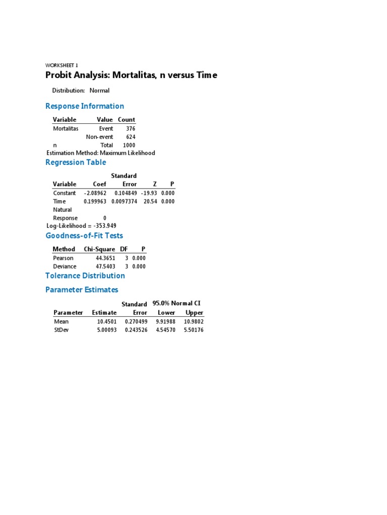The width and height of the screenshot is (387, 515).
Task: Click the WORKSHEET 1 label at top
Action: pyautogui.click(x=61, y=65)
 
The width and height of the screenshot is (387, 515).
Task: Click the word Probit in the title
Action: pyautogui.click(x=58, y=75)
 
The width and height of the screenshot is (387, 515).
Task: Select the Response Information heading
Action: pyautogui.click(x=85, y=106)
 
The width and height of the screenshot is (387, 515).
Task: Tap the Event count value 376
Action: pyautogui.click(x=130, y=129)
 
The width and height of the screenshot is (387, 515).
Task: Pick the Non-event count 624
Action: pyautogui.click(x=130, y=137)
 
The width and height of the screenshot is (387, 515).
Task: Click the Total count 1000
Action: pyautogui.click(x=128, y=145)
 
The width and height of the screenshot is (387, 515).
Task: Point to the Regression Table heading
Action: pyautogui.click(x=76, y=162)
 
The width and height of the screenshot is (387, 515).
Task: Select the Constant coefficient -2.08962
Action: pyautogui.click(x=95, y=193)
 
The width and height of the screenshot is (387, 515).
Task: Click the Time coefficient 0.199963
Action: pyautogui.click(x=95, y=201)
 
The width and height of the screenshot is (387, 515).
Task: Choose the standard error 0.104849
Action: pyautogui.click(x=125, y=193)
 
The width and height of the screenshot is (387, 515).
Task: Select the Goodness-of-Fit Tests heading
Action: pyautogui.click(x=84, y=236)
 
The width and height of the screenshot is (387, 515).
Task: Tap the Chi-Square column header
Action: pyautogui.click(x=99, y=249)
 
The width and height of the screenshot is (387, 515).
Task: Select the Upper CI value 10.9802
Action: pyautogui.click(x=193, y=321)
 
